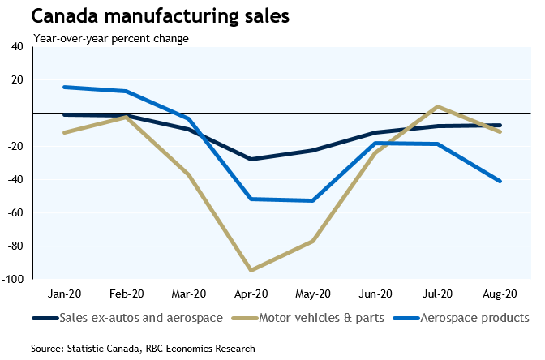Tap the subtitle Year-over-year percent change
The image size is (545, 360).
[110, 38]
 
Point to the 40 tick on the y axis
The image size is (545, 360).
[17, 46]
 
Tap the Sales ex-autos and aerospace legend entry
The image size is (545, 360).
[132, 317]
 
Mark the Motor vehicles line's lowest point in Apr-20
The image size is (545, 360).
[251, 270]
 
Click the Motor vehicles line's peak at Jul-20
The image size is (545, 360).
[438, 106]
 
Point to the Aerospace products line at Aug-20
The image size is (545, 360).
[500, 181]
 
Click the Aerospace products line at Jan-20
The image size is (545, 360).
[64, 87]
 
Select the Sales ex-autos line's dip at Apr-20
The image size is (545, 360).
[251, 159]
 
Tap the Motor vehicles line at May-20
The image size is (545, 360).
[313, 241]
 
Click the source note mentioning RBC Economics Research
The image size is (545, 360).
[143, 349]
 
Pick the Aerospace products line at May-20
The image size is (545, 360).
[313, 200]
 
